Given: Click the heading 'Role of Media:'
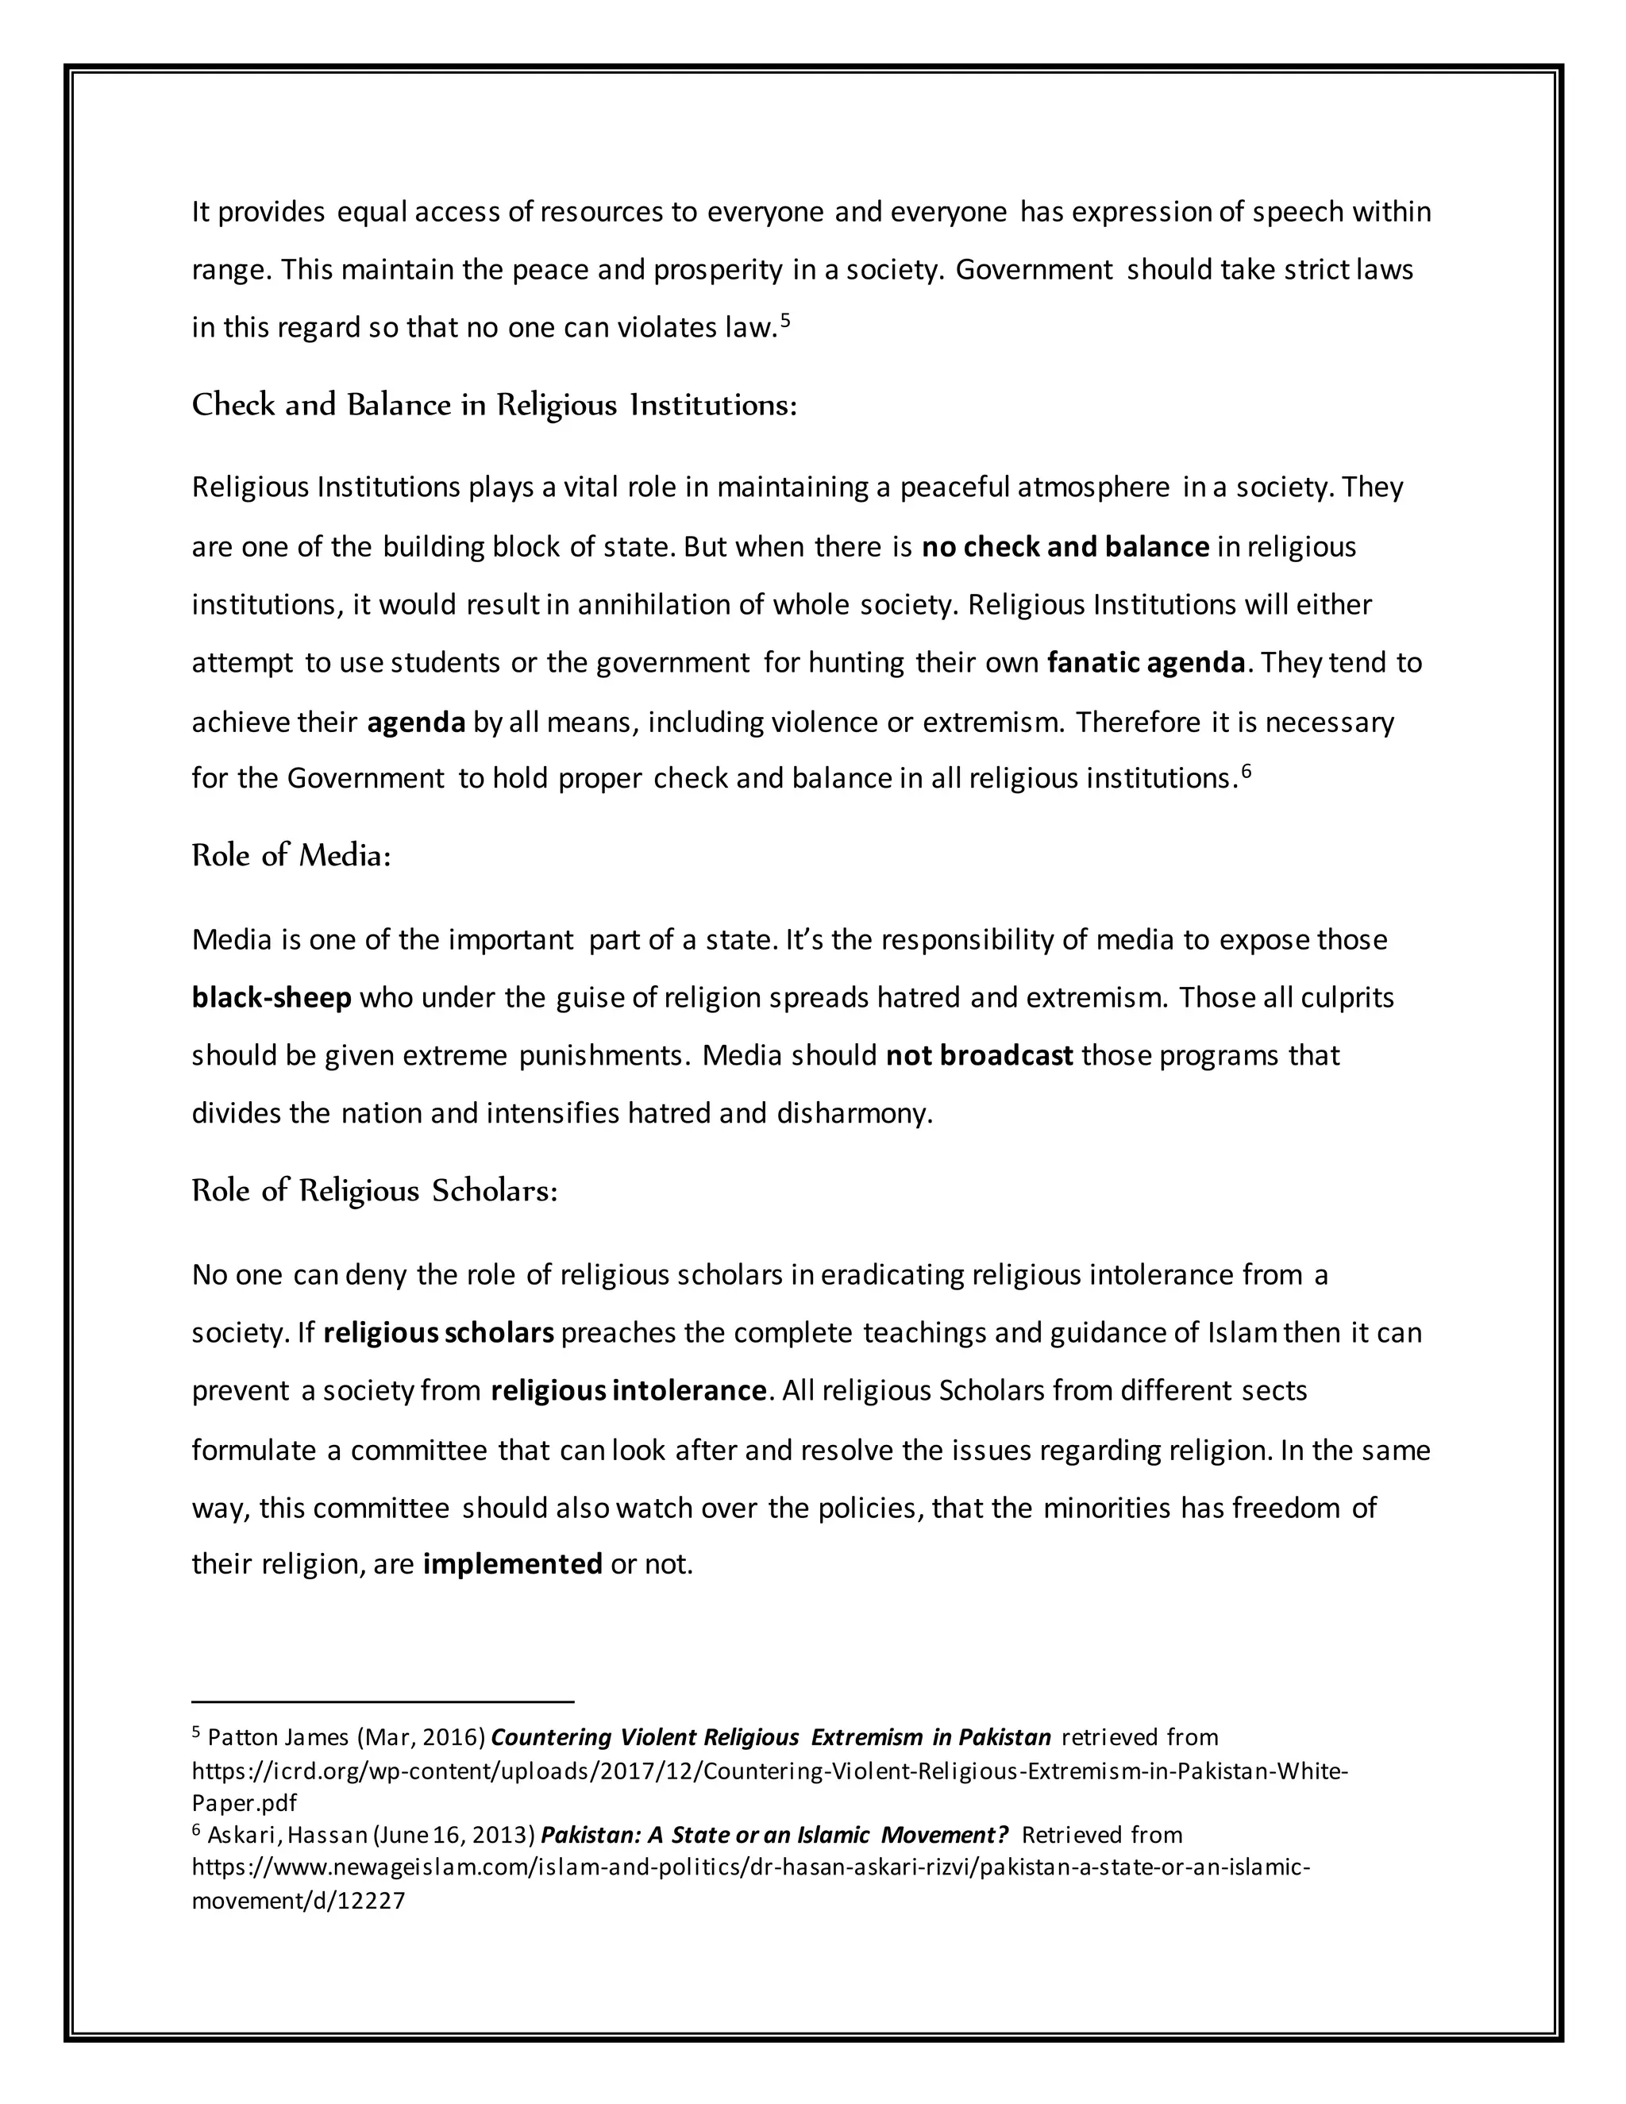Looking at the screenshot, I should click(291, 854).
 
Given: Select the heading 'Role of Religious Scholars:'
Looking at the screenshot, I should click(375, 1191).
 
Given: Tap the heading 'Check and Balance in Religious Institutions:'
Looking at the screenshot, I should click(494, 405).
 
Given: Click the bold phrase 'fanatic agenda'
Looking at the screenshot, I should click(1146, 663).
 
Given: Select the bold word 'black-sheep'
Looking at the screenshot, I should click(272, 997).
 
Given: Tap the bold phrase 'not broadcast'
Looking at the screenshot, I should click(979, 1055).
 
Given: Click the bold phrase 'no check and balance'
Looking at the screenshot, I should click(1065, 547).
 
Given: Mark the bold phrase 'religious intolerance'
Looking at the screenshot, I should click(628, 1391).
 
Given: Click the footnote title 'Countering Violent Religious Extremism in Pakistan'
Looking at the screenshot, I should click(771, 1738).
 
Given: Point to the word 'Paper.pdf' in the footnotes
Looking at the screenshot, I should click(244, 1802).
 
